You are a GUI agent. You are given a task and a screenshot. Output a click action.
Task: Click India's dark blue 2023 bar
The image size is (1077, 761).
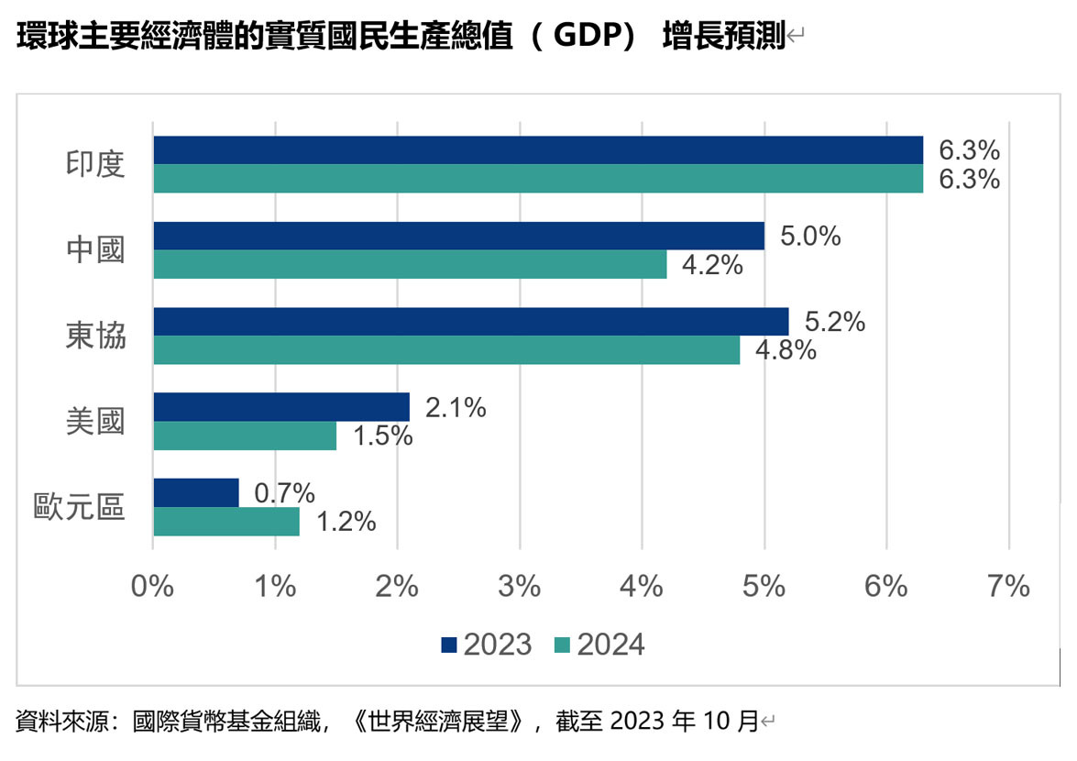tap(538, 150)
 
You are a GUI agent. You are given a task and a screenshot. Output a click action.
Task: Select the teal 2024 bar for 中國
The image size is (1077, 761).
tap(410, 264)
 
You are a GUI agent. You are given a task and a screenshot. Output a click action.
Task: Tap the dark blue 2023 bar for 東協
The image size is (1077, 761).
tap(470, 322)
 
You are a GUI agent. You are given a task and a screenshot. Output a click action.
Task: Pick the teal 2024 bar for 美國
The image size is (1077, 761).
tap(245, 436)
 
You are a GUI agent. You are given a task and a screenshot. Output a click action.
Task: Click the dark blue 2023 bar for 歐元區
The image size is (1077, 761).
tap(196, 492)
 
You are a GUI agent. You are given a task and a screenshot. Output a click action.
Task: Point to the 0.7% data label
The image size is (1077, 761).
tap(284, 493)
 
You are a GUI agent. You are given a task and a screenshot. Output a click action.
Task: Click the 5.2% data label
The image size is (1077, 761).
tap(835, 323)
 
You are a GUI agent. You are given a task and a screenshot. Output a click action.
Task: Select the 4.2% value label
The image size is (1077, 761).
tap(712, 265)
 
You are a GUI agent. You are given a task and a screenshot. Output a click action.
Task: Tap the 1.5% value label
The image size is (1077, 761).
tap(382, 436)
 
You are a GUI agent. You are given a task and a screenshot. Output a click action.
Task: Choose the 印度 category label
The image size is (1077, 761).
tap(94, 164)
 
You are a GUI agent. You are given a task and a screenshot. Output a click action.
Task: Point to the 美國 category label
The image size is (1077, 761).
tap(94, 421)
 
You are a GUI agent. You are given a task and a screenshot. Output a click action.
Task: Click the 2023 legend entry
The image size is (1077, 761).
tap(486, 645)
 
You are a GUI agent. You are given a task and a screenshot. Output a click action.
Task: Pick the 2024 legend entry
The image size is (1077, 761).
tap(600, 645)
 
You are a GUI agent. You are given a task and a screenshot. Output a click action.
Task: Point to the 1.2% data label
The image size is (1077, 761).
tap(346, 522)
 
